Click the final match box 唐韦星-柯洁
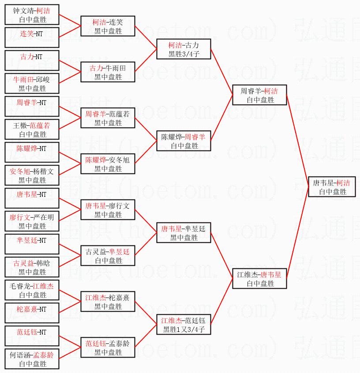(x=331, y=187)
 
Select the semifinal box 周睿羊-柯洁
(x=259, y=95)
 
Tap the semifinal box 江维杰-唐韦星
(x=259, y=279)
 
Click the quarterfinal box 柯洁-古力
(x=184, y=49)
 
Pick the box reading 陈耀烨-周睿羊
(x=184, y=141)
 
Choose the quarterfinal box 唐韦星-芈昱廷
(x=184, y=233)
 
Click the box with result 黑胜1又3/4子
(x=184, y=324)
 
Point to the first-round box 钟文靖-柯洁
(x=32, y=15)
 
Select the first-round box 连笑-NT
(x=32, y=38)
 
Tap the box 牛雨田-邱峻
(x=32, y=83)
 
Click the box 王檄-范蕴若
(x=32, y=129)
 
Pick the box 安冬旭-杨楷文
(x=32, y=175)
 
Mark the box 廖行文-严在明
(x=32, y=221)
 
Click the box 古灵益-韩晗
(x=32, y=267)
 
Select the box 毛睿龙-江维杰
(x=32, y=290)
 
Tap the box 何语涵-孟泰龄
(x=32, y=359)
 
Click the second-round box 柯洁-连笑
(x=108, y=26)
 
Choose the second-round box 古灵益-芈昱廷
(x=108, y=256)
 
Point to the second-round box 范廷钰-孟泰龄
(x=108, y=347)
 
